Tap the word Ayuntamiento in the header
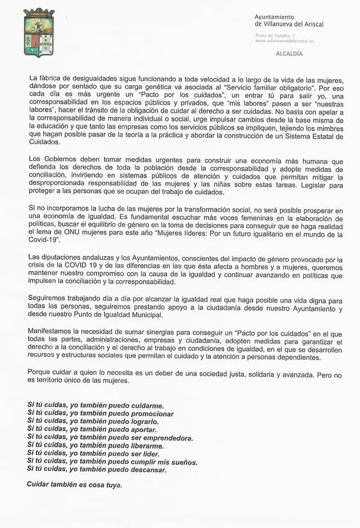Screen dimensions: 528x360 coord(274,17)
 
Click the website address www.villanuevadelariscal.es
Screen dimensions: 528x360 coord(284,41)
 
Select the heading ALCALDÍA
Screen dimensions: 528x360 coord(289,54)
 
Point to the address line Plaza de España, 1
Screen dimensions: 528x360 coord(275,35)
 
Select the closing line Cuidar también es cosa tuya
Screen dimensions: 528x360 coord(74,485)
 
